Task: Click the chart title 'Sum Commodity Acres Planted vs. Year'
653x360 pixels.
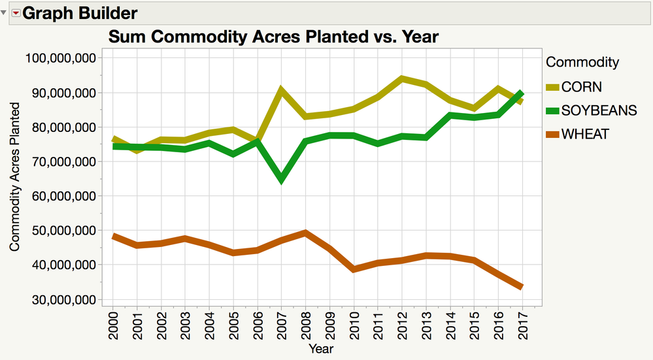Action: (273, 37)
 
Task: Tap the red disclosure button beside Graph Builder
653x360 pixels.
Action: (16, 13)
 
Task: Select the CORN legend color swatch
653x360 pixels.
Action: (552, 87)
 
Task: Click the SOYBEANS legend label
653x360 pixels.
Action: (599, 110)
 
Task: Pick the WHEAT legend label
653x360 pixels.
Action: (586, 134)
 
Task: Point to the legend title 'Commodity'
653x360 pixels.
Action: (582, 63)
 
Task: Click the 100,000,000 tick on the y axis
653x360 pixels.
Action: (61, 58)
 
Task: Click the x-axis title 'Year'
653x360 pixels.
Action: (320, 349)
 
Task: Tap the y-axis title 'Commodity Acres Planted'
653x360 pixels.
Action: (14, 176)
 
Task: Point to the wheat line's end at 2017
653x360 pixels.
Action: (521, 287)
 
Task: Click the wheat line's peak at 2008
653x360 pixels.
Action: (305, 233)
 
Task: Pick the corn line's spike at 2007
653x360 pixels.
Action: (281, 90)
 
